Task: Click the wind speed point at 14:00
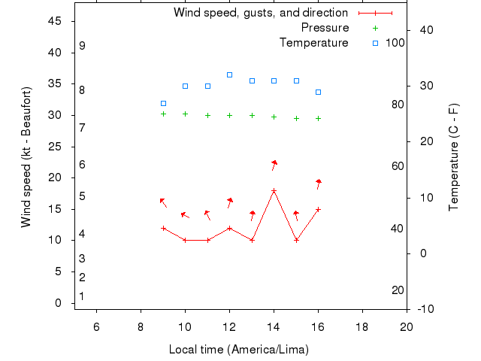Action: pos(274,191)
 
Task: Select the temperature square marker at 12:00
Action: pos(230,74)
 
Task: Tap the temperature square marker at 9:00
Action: pos(163,103)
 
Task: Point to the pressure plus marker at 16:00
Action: pos(319,118)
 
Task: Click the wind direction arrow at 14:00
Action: pos(274,165)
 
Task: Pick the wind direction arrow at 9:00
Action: pos(162,202)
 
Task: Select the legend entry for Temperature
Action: pos(313,43)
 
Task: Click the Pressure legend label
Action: pos(325,28)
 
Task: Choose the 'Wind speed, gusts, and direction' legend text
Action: pos(260,13)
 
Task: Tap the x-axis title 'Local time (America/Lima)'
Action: pos(239,350)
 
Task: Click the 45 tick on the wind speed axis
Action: pos(55,21)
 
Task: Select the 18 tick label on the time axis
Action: pos(362,326)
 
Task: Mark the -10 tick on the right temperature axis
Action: pos(423,309)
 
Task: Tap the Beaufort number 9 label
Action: pos(82,46)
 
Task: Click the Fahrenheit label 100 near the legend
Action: pos(395,43)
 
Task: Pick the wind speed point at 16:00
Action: pos(319,209)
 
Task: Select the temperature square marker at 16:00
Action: pos(319,92)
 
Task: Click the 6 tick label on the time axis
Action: pos(96,326)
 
